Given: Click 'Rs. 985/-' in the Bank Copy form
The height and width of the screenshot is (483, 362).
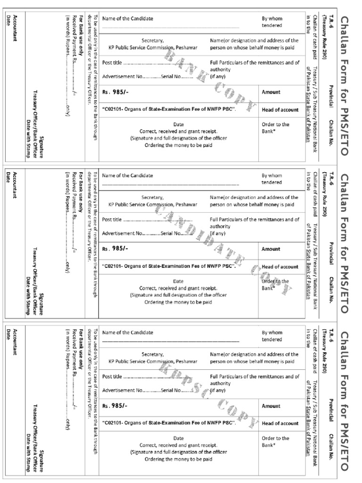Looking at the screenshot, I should (x=115, y=92).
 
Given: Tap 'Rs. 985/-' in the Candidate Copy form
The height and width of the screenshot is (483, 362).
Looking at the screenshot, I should (x=115, y=249).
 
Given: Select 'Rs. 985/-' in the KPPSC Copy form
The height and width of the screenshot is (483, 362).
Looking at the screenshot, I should (x=115, y=406).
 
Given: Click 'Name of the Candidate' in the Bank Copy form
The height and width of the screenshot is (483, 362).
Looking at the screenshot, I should (x=127, y=18).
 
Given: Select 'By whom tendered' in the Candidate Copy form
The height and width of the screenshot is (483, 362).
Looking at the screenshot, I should (x=272, y=179).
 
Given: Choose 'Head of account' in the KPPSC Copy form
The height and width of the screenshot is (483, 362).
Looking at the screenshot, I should (x=280, y=424).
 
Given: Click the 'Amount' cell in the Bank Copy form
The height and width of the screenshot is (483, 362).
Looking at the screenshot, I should (x=271, y=92).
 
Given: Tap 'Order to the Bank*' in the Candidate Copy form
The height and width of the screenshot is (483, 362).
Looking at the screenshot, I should (x=275, y=284).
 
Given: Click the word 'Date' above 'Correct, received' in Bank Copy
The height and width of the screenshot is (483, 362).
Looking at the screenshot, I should (x=178, y=124).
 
